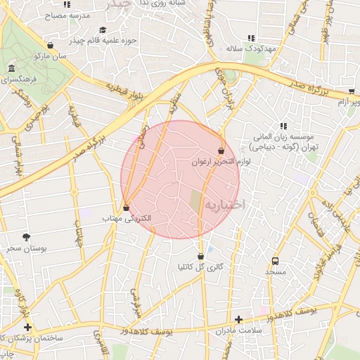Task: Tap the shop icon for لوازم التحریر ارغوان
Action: pyautogui.click(x=221, y=150)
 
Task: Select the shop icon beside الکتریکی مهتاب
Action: pyautogui.click(x=126, y=208)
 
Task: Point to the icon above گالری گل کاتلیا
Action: pyautogui.click(x=202, y=256)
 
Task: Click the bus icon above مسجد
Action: pyautogui.click(x=275, y=260)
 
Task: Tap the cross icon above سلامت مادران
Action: pyautogui.click(x=238, y=319)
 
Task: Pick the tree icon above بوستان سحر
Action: pyautogui.click(x=27, y=238)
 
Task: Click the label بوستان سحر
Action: pyautogui.click(x=27, y=249)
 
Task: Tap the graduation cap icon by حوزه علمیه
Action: pyautogui.click(x=103, y=30)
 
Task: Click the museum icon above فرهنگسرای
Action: pyautogui.click(x=12, y=68)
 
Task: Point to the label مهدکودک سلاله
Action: pyautogui.click(x=244, y=49)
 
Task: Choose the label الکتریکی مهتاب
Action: pyautogui.click(x=127, y=220)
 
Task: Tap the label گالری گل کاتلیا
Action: pyautogui.click(x=202, y=267)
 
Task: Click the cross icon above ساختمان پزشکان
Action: pyautogui.click(x=27, y=327)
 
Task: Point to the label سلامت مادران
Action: pyautogui.click(x=238, y=330)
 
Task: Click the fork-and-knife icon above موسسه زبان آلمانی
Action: pyautogui.click(x=283, y=126)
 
